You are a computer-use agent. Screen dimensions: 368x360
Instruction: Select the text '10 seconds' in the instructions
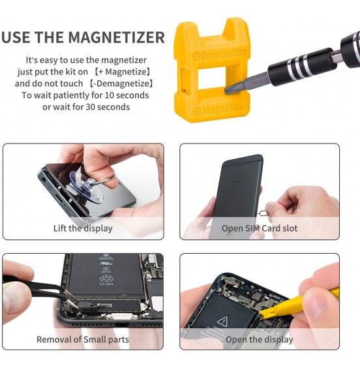coord(127,95)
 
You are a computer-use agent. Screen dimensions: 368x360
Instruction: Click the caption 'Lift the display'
coord(83,228)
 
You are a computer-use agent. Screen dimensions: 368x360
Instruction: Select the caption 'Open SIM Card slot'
coord(259,228)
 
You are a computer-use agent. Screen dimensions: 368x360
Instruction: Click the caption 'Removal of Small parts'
coord(83,340)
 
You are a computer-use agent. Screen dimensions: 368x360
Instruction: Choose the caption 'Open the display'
coord(259,340)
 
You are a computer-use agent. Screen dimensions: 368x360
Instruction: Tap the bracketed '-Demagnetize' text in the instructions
coord(121,84)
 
